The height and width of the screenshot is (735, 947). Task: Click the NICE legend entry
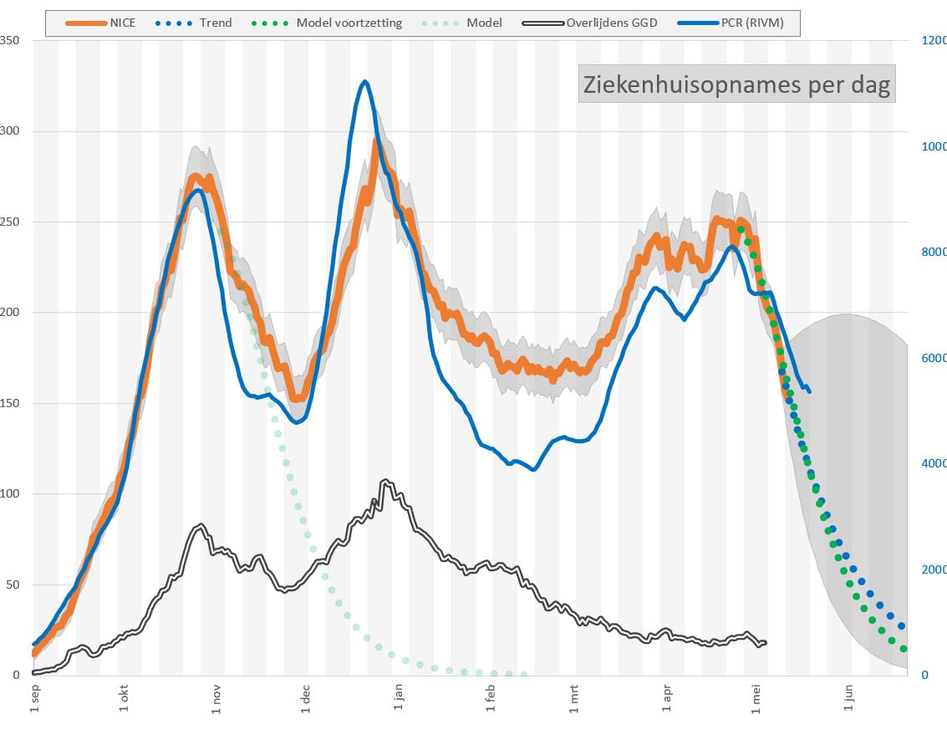pyautogui.click(x=100, y=23)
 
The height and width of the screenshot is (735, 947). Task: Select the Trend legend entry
pyautogui.click(x=193, y=23)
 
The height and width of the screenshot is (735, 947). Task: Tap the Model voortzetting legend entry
pyautogui.click(x=327, y=23)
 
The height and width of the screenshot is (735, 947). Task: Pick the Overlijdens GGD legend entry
pyautogui.click(x=590, y=23)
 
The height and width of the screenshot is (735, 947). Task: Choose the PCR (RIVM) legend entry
pyautogui.click(x=731, y=23)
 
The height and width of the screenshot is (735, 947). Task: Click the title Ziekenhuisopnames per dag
pyautogui.click(x=737, y=84)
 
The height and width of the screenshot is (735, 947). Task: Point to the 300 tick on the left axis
pyautogui.click(x=9, y=130)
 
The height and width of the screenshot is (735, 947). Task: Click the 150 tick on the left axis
pyautogui.click(x=9, y=403)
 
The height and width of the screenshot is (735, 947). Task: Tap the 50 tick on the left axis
pyautogui.click(x=12, y=584)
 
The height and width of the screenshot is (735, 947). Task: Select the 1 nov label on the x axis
pyautogui.click(x=216, y=699)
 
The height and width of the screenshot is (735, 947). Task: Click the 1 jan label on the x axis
pyautogui.click(x=398, y=697)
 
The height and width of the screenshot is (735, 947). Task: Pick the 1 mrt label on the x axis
pyautogui.click(x=573, y=699)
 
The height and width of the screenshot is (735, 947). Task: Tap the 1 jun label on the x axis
pyautogui.click(x=848, y=697)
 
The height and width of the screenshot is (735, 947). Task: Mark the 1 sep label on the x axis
pyautogui.click(x=34, y=698)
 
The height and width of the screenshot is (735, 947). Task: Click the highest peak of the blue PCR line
pyautogui.click(x=364, y=81)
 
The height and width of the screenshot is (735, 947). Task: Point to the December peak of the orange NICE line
pyautogui.click(x=375, y=143)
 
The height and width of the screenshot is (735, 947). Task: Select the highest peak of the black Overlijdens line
pyautogui.click(x=385, y=481)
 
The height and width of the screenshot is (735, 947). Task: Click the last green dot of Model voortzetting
pyautogui.click(x=904, y=649)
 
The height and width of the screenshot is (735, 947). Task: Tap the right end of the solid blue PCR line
pyautogui.click(x=809, y=391)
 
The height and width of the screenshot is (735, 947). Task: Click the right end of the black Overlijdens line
pyautogui.click(x=766, y=642)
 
